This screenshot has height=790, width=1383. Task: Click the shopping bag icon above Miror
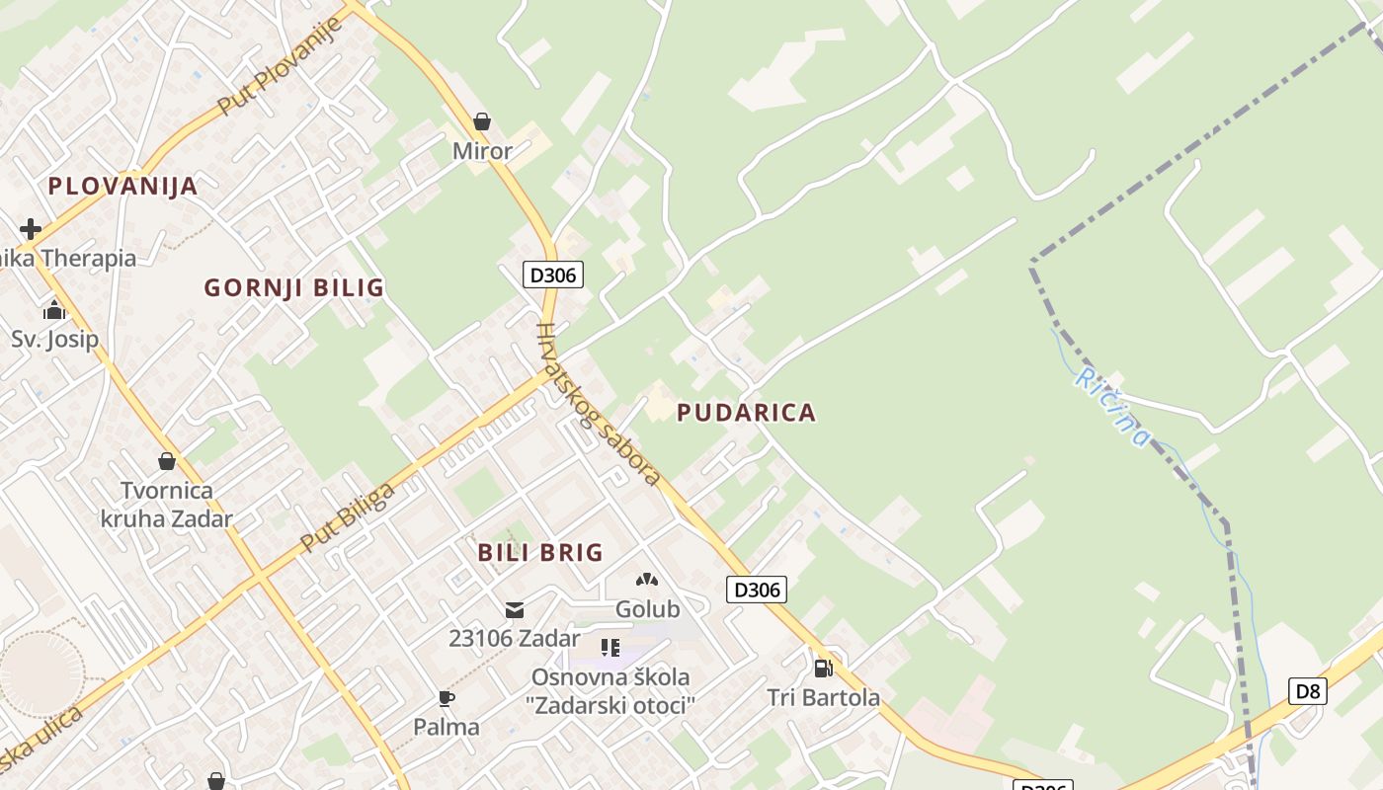[x=482, y=121]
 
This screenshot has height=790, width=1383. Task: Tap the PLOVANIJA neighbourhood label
[x=122, y=186]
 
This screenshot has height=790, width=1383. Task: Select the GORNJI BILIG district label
[x=293, y=288]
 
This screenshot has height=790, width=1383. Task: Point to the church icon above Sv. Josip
[x=54, y=311]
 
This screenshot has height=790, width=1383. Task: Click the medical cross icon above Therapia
[x=31, y=229]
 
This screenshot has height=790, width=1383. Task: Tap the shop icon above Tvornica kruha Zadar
[x=167, y=461]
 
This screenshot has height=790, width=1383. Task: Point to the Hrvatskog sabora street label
[x=597, y=405]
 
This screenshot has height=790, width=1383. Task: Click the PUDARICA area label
[x=747, y=413]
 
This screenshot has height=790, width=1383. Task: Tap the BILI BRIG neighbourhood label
[x=540, y=553]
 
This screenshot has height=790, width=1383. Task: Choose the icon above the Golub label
[x=647, y=582]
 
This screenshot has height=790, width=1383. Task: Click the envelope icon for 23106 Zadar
[x=515, y=609]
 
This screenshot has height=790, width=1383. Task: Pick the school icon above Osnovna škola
[x=611, y=648]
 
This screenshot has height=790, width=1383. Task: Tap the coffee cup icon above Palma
[x=447, y=699]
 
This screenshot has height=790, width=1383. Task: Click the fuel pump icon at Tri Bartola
[x=823, y=669]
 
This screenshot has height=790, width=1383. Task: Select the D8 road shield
[x=1308, y=691]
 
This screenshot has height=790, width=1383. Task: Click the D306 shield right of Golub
[x=758, y=591]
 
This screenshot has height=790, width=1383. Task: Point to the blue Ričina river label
[x=1113, y=407]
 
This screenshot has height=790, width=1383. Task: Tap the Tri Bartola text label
[x=824, y=698]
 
